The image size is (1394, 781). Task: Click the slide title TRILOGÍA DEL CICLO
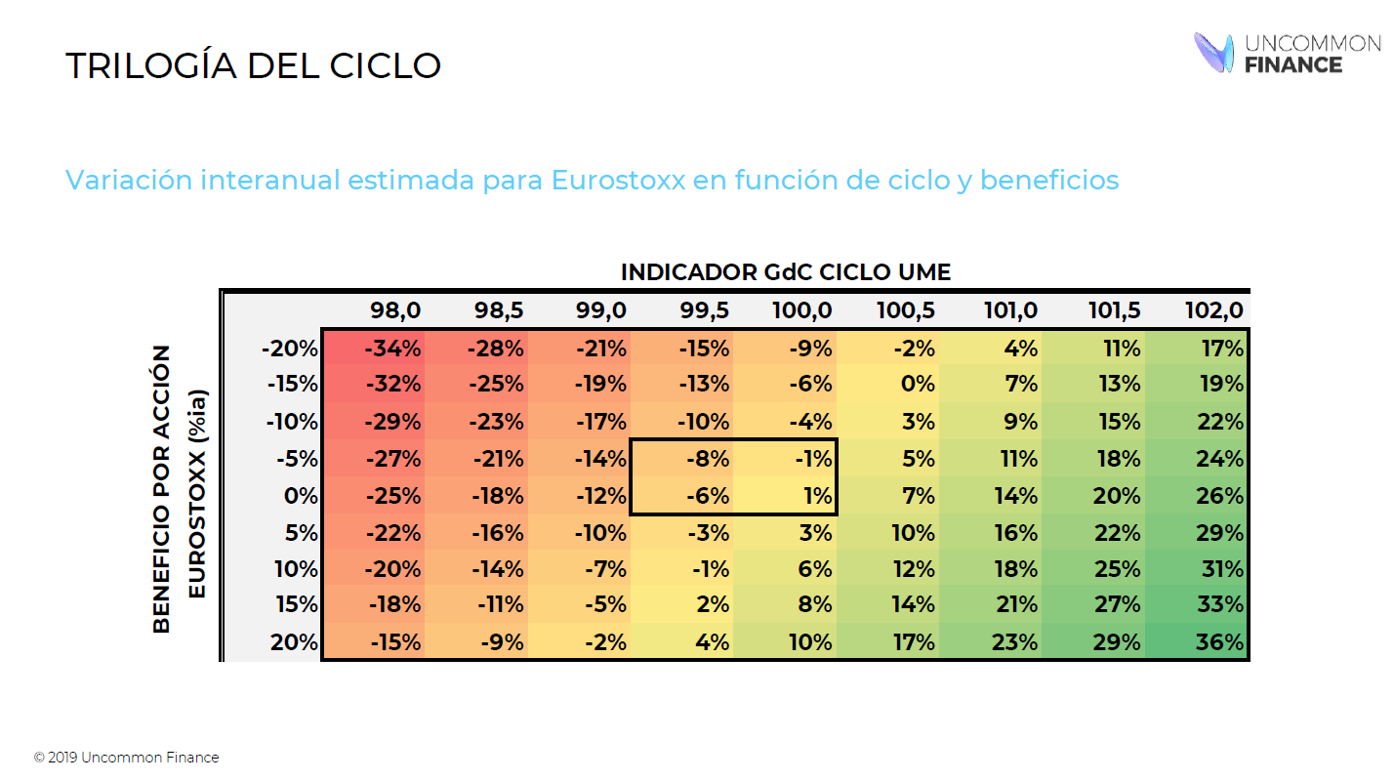(x=253, y=65)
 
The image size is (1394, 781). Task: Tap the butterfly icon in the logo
(x=1214, y=52)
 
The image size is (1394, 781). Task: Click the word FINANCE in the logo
(x=1293, y=64)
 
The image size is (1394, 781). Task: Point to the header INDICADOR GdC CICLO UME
(x=785, y=271)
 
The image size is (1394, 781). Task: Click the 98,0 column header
(x=395, y=310)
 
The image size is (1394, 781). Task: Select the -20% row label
(x=290, y=349)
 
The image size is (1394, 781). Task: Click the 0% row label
(x=301, y=496)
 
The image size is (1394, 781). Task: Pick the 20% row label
(x=297, y=642)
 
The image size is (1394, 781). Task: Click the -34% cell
(x=392, y=349)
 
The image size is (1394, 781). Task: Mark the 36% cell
(x=1220, y=642)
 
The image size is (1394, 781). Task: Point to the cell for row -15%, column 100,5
(x=917, y=385)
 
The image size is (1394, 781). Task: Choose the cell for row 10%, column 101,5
(x=1117, y=569)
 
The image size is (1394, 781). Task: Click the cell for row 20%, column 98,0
(x=394, y=642)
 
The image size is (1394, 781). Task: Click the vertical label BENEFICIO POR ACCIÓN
(x=162, y=488)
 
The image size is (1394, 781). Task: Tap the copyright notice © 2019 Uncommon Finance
(x=126, y=758)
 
